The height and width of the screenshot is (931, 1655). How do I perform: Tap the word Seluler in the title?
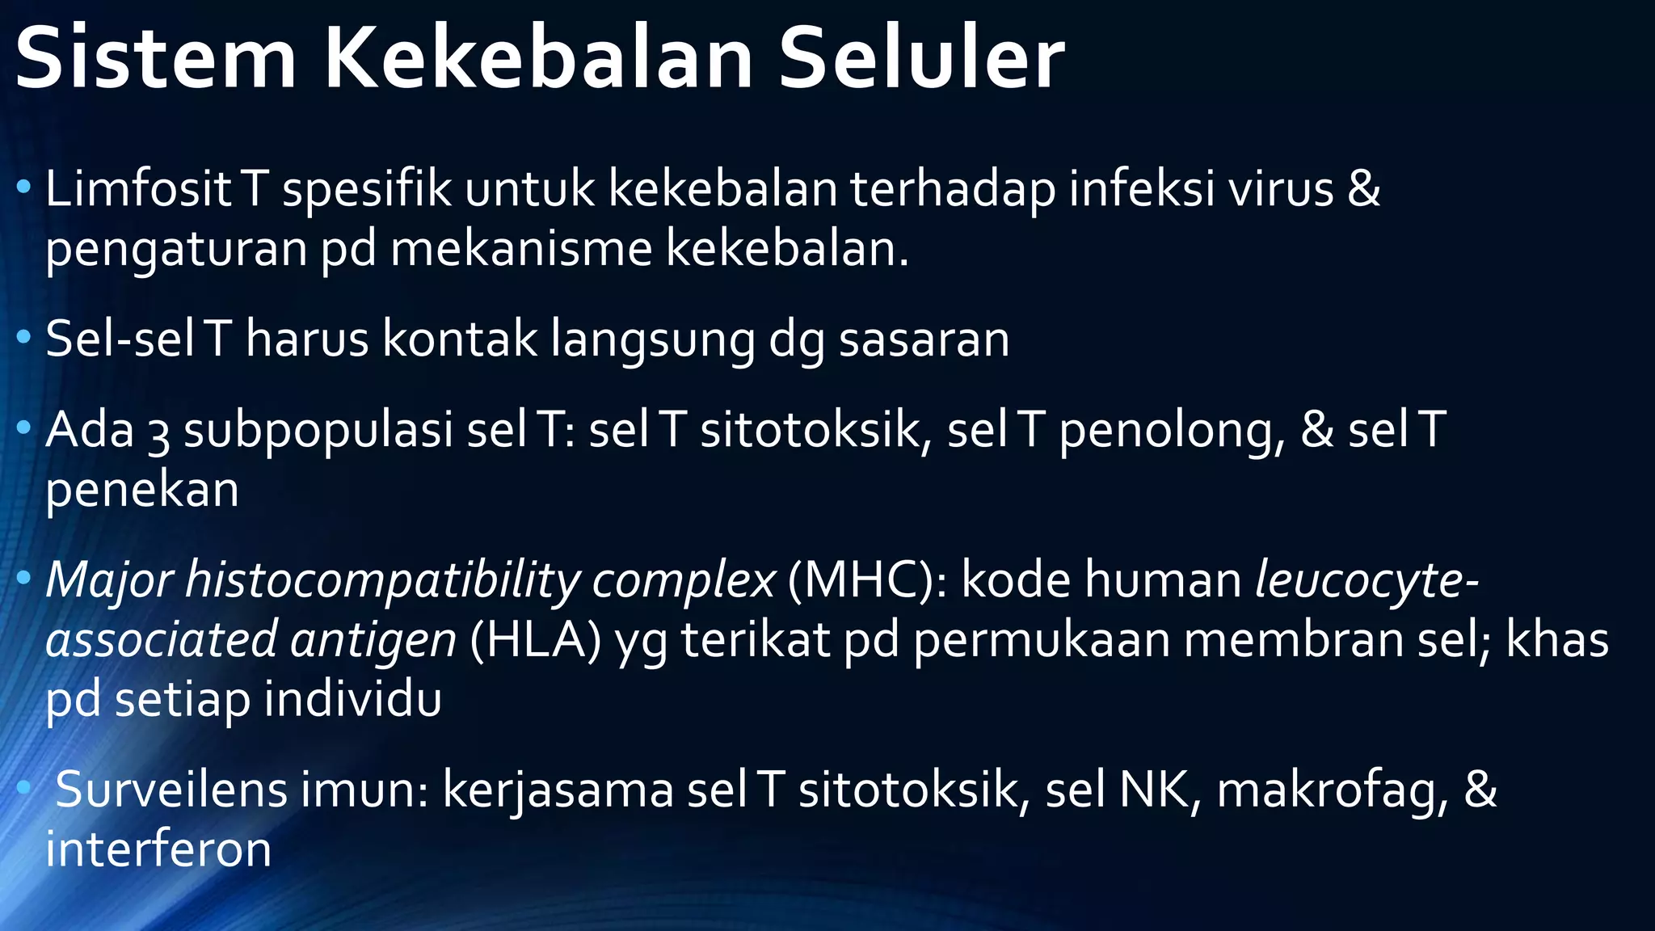click(x=921, y=59)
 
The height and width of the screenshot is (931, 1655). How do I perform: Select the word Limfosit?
click(x=138, y=189)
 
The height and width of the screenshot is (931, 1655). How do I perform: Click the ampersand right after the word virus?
click(x=1364, y=189)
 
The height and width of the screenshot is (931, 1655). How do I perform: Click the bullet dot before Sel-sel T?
click(x=23, y=339)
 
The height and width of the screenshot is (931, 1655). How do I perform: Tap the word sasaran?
click(x=924, y=339)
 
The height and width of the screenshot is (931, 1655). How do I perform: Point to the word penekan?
click(x=142, y=491)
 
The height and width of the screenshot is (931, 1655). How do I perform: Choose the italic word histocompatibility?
click(x=381, y=581)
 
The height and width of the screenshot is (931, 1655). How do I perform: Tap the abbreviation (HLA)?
click(x=535, y=641)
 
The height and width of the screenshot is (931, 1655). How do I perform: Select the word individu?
click(x=352, y=700)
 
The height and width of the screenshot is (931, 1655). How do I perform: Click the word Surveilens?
click(x=171, y=790)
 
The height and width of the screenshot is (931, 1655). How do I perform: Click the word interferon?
click(x=158, y=850)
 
